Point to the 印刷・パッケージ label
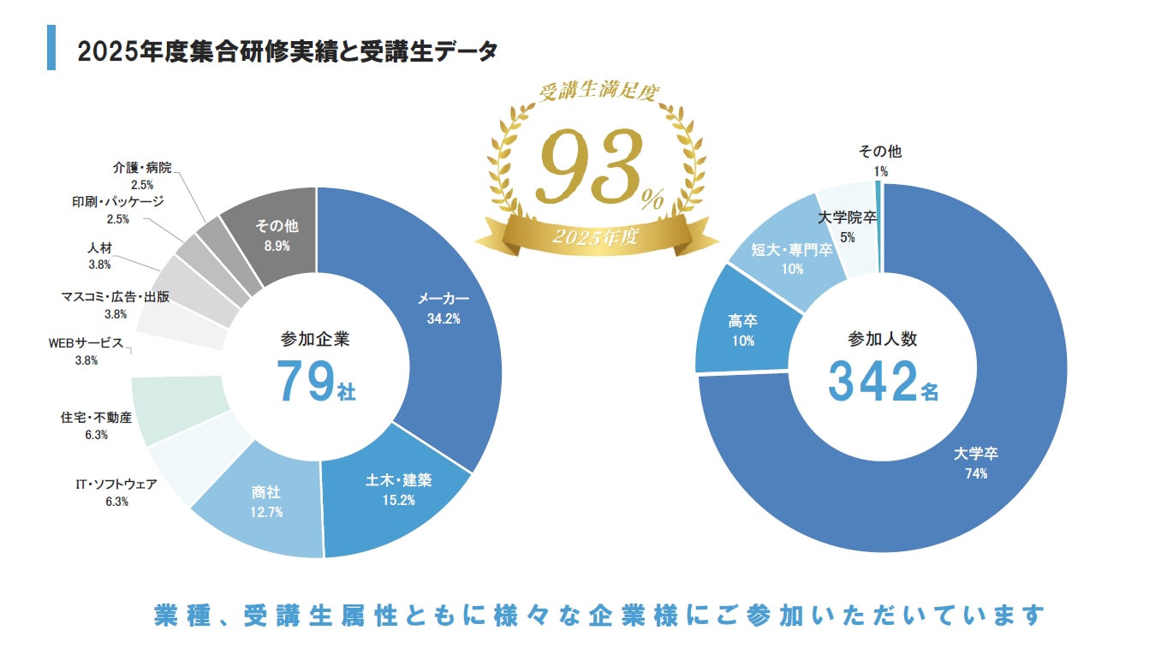[117, 202]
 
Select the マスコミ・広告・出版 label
[116, 297]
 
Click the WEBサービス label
[86, 343]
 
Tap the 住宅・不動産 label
[96, 418]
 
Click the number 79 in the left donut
[302, 382]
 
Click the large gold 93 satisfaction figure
[591, 164]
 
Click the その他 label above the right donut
[880, 152]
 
